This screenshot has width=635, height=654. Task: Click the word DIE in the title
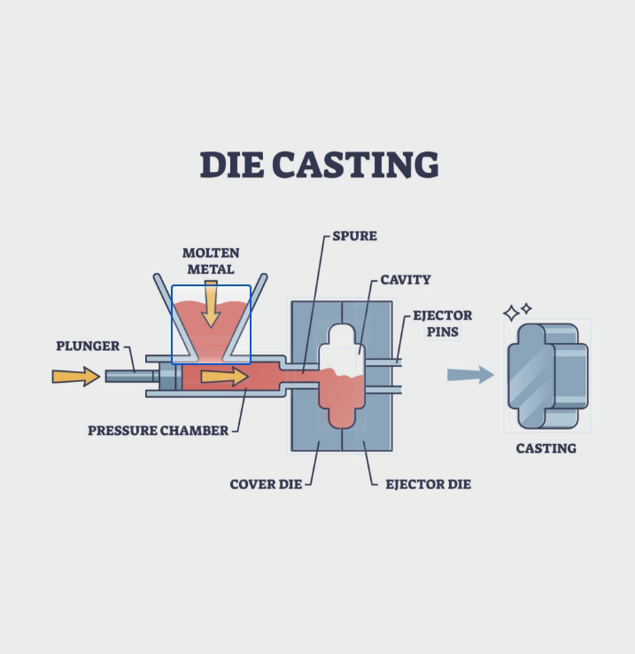click(x=232, y=165)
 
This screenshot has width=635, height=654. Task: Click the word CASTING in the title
click(x=355, y=165)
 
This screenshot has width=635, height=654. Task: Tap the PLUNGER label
click(x=88, y=346)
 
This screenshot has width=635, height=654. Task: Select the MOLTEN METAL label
click(x=211, y=261)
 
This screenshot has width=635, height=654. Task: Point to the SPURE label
click(x=354, y=236)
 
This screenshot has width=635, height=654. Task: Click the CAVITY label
click(x=406, y=279)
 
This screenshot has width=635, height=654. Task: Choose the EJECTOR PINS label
click(x=442, y=323)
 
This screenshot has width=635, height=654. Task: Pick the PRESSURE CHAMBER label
click(x=158, y=431)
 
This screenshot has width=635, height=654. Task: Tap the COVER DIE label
click(x=266, y=484)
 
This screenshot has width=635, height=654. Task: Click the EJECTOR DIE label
click(x=428, y=484)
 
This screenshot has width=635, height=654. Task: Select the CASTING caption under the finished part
click(x=546, y=448)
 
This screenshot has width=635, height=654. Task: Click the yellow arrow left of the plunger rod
click(x=76, y=377)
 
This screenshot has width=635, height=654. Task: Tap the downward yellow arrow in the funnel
click(x=211, y=305)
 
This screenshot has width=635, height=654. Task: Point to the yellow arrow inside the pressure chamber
click(x=225, y=377)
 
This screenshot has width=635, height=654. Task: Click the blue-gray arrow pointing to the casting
click(x=470, y=375)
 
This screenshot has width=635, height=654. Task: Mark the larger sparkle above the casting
click(x=512, y=313)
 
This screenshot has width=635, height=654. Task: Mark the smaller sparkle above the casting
click(x=527, y=308)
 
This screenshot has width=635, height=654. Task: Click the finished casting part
click(x=547, y=376)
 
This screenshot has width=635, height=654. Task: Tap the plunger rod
click(x=130, y=377)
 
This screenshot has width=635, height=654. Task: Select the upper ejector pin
click(x=383, y=362)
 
